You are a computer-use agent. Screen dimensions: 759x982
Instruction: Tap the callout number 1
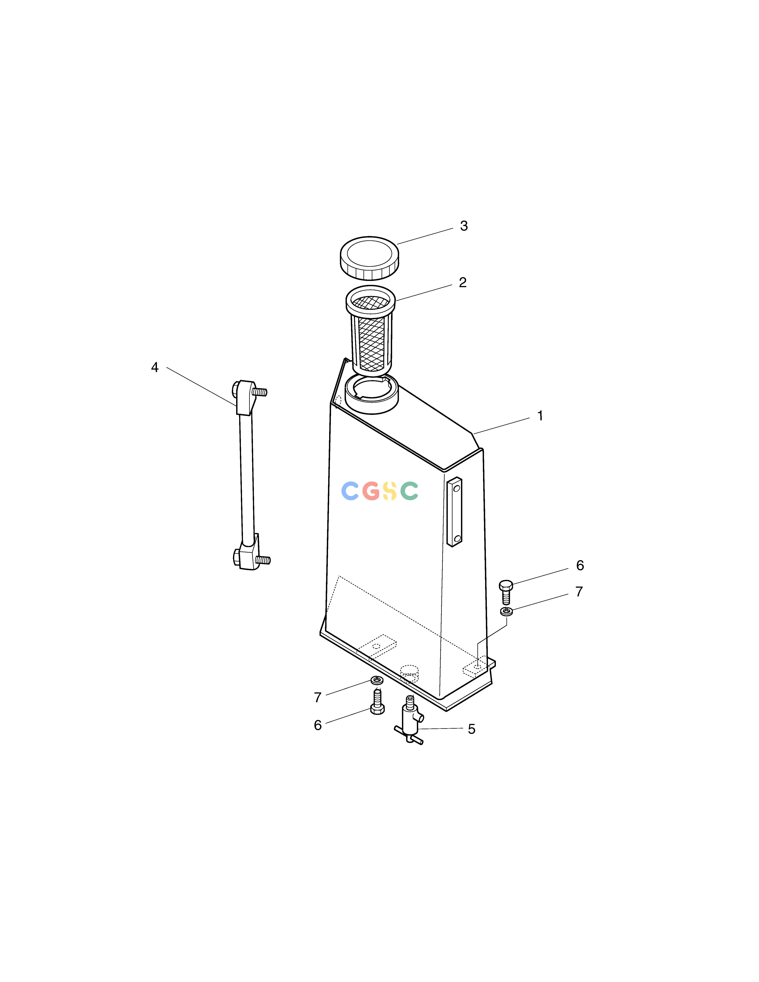[540, 416]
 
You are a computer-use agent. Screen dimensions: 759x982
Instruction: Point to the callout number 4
[155, 367]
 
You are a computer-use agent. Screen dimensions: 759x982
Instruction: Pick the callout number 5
[471, 729]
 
